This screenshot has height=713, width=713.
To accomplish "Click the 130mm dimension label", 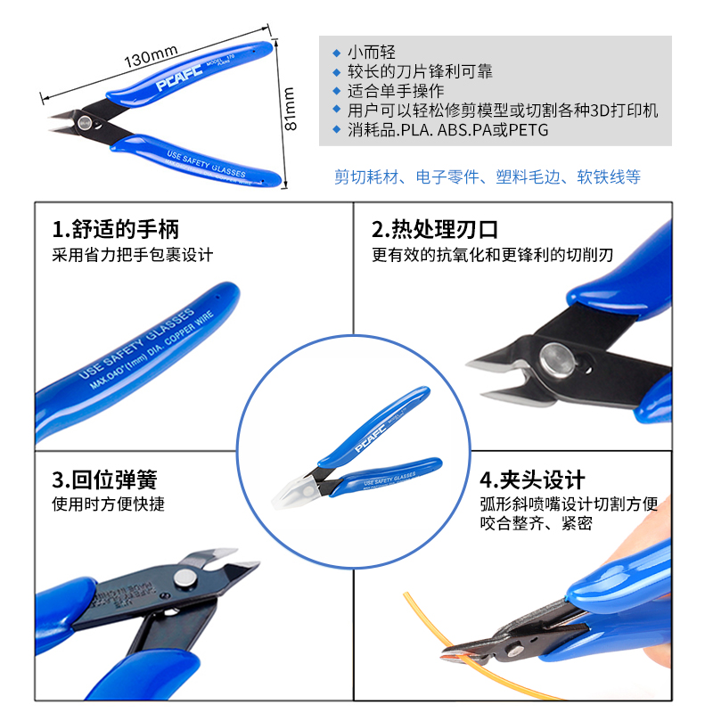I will tap(151, 61).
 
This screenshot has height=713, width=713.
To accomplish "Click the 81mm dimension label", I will tap(290, 108).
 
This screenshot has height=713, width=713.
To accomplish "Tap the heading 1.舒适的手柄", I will tap(116, 230).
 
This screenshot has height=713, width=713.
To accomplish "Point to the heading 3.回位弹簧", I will tap(105, 480).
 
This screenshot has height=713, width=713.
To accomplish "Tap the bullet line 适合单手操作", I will tap(396, 91).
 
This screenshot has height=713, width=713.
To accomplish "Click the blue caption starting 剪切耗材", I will tap(488, 176).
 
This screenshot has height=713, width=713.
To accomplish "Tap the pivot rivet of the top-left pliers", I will tap(86, 122).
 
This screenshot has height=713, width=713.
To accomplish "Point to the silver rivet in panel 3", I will tap(184, 580).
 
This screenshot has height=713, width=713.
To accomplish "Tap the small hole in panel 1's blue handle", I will tap(221, 291).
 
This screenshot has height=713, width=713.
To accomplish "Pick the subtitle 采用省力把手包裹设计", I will tap(133, 255).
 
